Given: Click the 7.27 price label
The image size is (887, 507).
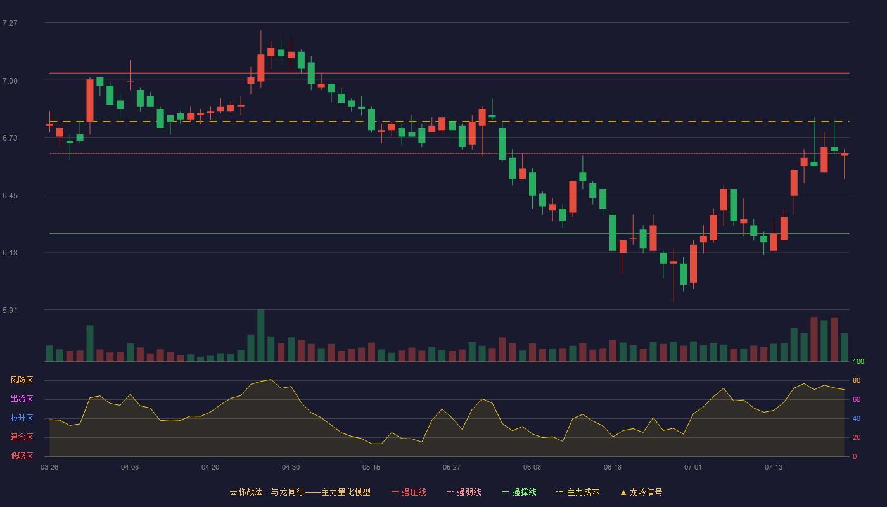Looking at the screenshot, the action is pyautogui.click(x=10, y=23).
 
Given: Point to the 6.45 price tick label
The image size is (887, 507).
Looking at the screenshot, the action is pyautogui.click(x=10, y=196).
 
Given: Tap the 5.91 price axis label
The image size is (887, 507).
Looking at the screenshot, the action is pyautogui.click(x=10, y=310).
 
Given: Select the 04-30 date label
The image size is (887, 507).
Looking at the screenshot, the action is pyautogui.click(x=291, y=468).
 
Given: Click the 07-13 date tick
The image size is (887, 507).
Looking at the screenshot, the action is pyautogui.click(x=774, y=468).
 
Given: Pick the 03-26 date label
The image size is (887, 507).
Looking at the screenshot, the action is pyautogui.click(x=49, y=468).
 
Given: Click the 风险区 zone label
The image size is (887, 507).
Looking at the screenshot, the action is pyautogui.click(x=22, y=380).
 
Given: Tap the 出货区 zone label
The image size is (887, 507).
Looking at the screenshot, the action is pyautogui.click(x=22, y=399).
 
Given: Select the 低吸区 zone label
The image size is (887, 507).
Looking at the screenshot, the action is pyautogui.click(x=22, y=456).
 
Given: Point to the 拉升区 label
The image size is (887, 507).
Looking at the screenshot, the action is pyautogui.click(x=22, y=418).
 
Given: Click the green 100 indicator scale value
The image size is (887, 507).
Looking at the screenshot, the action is pyautogui.click(x=858, y=361).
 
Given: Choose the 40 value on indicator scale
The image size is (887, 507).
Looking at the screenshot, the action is pyautogui.click(x=857, y=418).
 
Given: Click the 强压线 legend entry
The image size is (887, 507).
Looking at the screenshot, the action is pyautogui.click(x=409, y=492).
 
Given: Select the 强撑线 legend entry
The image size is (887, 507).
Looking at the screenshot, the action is pyautogui.click(x=519, y=492).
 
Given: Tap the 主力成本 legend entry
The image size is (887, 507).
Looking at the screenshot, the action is pyautogui.click(x=578, y=492).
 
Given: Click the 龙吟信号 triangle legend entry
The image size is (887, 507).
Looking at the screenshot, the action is pyautogui.click(x=641, y=492).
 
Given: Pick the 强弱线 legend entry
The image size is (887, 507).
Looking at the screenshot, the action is pyautogui.click(x=464, y=492).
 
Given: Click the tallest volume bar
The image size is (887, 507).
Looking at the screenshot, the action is pyautogui.click(x=261, y=335).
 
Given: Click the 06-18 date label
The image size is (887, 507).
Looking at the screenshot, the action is pyautogui.click(x=613, y=468).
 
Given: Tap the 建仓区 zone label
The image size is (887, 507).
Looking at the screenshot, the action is pyautogui.click(x=22, y=437).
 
